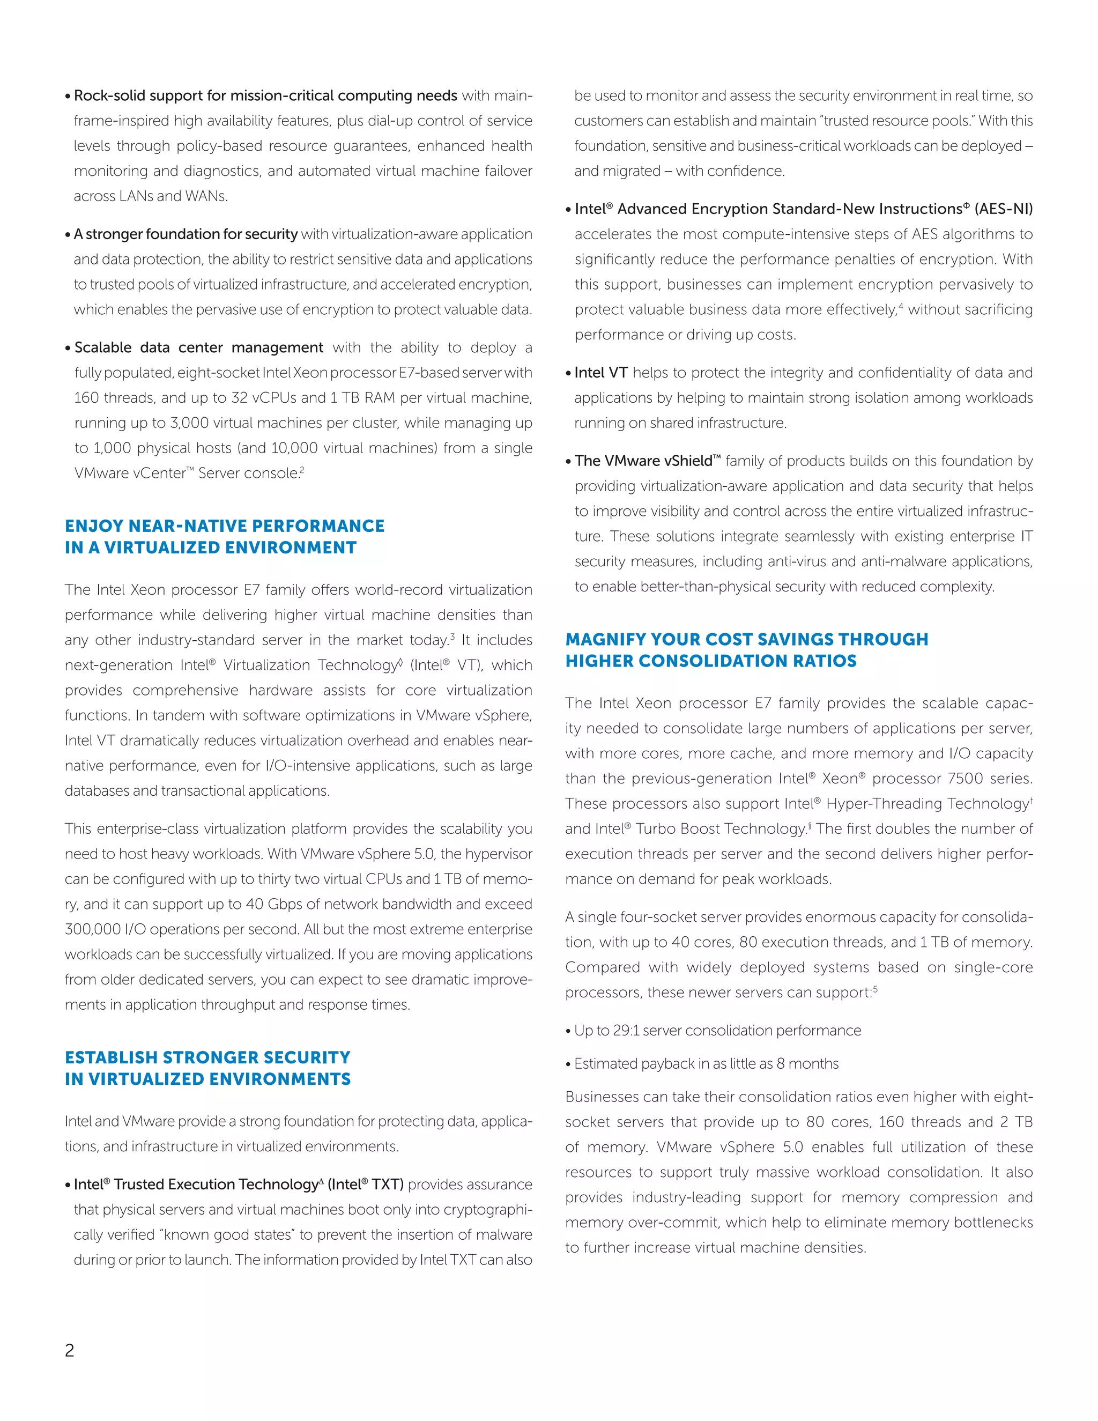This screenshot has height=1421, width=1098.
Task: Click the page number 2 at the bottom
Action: click(70, 1350)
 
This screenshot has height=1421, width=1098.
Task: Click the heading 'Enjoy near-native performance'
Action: click(225, 526)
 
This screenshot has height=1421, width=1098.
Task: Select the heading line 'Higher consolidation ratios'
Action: click(710, 661)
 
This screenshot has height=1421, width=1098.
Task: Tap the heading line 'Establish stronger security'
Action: click(207, 1057)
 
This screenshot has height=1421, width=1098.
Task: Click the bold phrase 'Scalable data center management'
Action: click(198, 347)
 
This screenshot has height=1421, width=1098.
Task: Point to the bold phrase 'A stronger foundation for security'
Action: click(186, 234)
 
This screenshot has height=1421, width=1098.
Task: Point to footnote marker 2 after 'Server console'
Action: click(302, 470)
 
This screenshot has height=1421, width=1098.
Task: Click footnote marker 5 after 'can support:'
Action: click(875, 989)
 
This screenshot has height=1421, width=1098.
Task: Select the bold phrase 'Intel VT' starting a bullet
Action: click(601, 373)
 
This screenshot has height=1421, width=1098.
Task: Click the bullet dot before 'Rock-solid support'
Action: click(68, 97)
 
